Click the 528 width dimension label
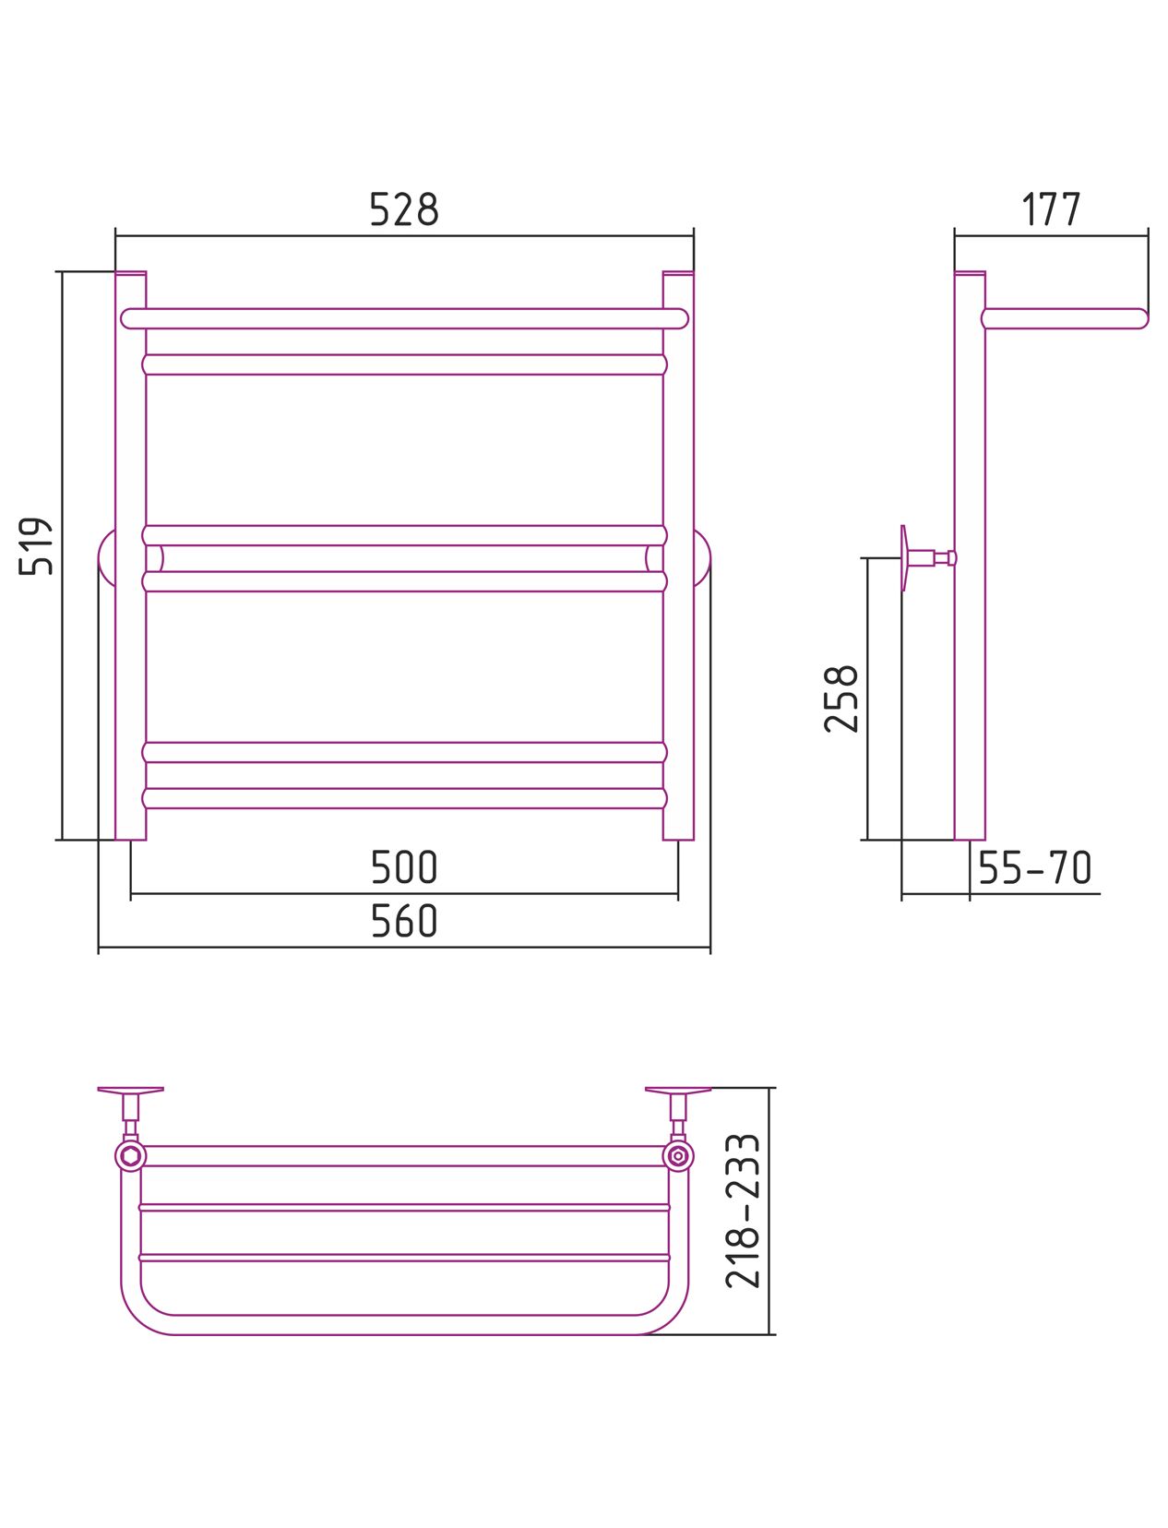(x=404, y=209)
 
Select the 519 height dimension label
(x=35, y=545)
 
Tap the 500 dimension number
(x=404, y=866)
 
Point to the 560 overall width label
(x=404, y=920)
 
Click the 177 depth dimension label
(x=1052, y=209)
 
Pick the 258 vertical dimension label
(x=840, y=698)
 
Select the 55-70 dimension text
(x=1035, y=866)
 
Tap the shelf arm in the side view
(x=1065, y=318)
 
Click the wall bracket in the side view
(x=927, y=557)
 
